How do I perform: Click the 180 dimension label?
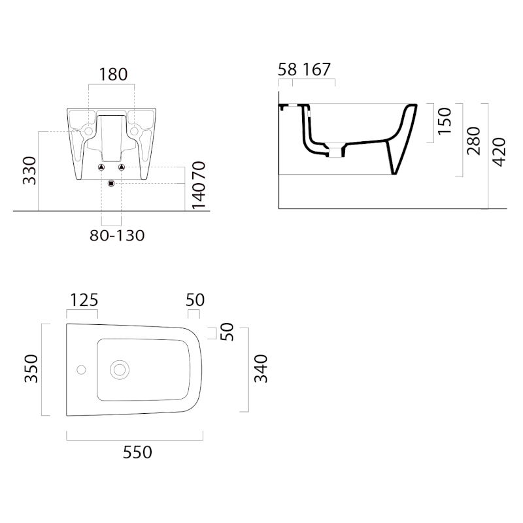113,75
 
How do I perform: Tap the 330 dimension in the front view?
29,171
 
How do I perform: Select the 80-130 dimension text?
117,235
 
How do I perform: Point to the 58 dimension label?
287,70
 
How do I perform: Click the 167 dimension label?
316,70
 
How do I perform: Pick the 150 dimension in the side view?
445,122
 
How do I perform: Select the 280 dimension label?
473,141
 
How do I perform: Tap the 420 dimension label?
499,152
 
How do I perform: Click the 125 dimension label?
84,300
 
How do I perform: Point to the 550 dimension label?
137,452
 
